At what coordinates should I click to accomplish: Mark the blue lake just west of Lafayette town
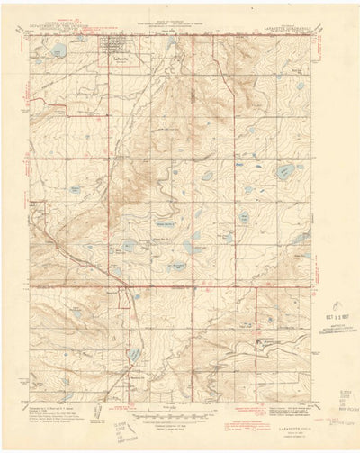click(x=58, y=50)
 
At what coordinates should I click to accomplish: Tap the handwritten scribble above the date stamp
click(x=335, y=306)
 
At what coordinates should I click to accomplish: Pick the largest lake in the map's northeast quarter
click(x=284, y=169)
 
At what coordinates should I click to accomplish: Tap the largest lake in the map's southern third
click(x=133, y=355)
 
